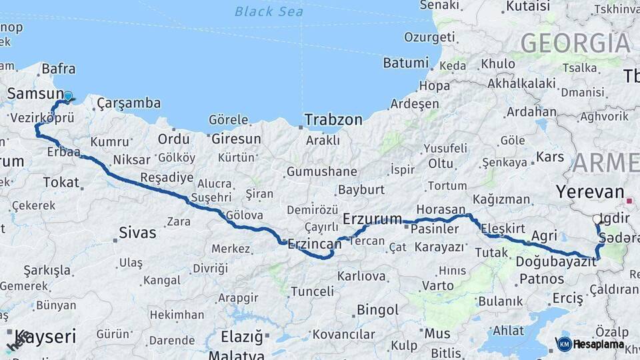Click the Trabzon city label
(x=333, y=120)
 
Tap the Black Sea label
(x=269, y=11)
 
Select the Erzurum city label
(x=372, y=219)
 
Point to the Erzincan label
(x=314, y=245)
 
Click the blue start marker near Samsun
(x=67, y=96)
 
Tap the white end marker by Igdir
(x=597, y=219)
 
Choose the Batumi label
(x=405, y=63)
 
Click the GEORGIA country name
(x=575, y=43)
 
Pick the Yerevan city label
(x=589, y=192)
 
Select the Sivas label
(x=137, y=233)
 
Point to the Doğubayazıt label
(x=556, y=261)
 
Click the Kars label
(x=550, y=157)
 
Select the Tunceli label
(x=312, y=291)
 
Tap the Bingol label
(x=377, y=310)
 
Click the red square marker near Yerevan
(x=630, y=200)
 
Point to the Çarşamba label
(x=129, y=103)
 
